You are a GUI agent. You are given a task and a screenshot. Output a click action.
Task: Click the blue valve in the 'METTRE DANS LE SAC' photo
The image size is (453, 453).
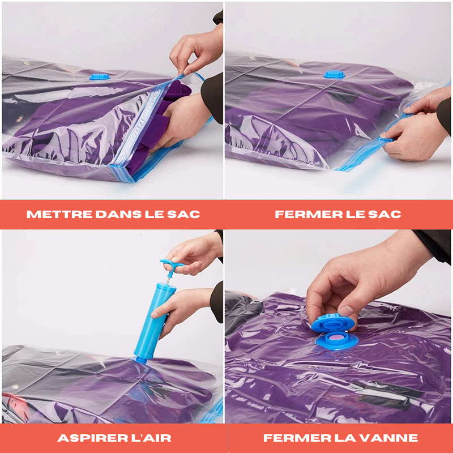click(100, 76)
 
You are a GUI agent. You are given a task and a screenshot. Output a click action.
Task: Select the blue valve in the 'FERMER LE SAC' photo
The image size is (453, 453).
click(334, 74)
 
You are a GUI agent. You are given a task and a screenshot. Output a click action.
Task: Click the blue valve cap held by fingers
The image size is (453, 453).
click(332, 323)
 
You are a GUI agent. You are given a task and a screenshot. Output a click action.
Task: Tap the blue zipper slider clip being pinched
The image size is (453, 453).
click(386, 139)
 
